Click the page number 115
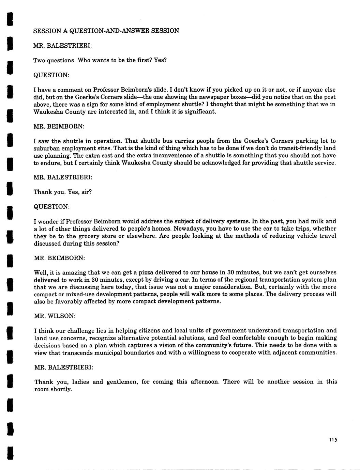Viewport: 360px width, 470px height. pos(333,440)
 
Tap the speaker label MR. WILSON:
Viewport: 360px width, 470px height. pos(55,316)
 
